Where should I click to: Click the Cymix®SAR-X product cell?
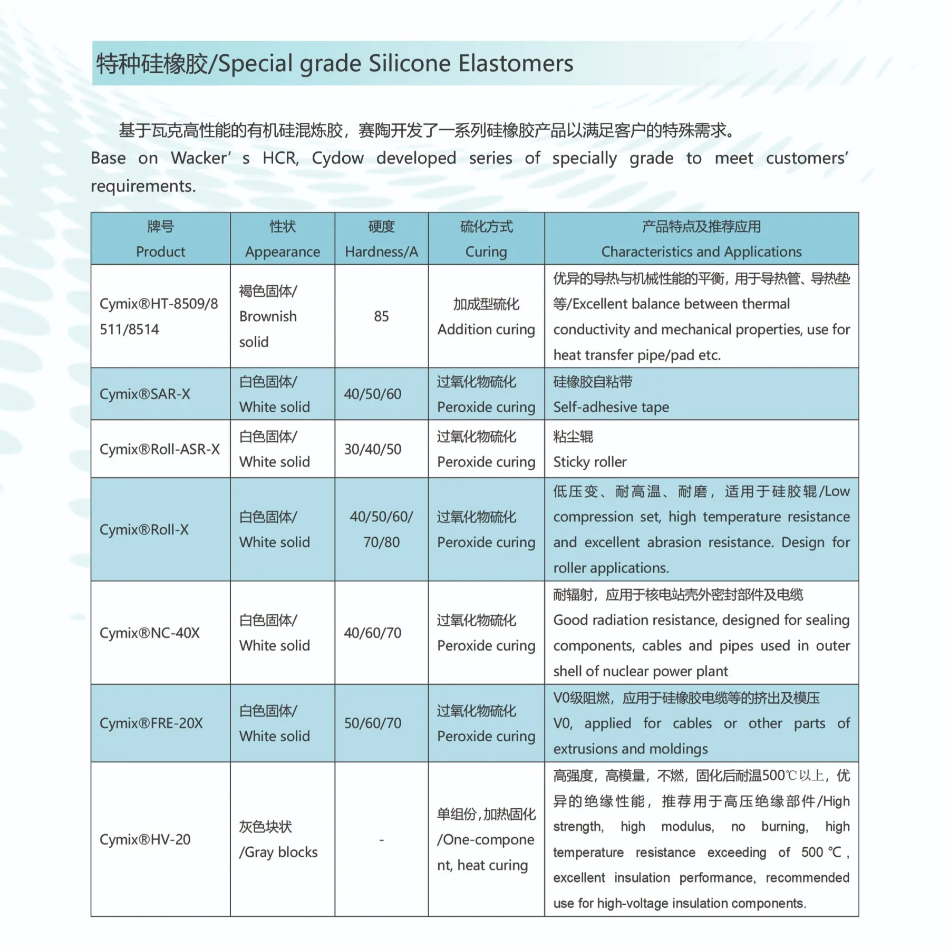point(145,394)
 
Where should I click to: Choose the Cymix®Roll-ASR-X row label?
point(159,449)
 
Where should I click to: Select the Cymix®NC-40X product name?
point(150,633)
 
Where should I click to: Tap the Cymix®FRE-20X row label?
point(151,723)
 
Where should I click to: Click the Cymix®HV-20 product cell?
point(145,839)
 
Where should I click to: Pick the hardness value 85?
point(381,316)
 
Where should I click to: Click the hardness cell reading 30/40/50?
point(373,449)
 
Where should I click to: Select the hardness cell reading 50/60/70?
point(373,723)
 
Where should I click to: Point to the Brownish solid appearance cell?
point(268,317)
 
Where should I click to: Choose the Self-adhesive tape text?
point(611,407)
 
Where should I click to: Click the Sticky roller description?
point(590,462)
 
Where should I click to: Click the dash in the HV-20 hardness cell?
point(381,840)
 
